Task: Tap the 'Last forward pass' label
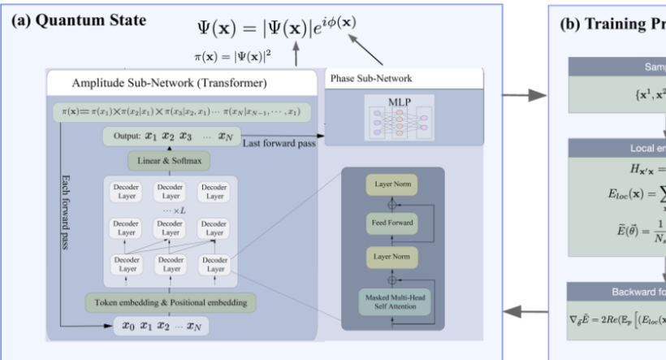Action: click(281, 143)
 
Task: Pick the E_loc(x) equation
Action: click(617, 197)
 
